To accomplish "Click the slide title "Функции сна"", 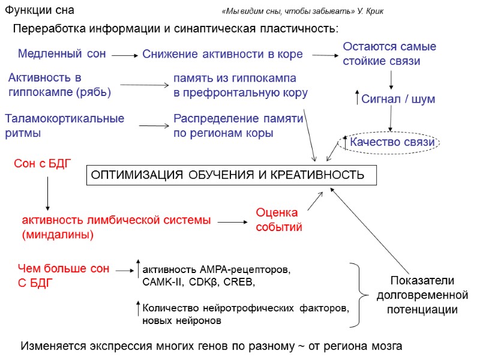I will tap(39, 11).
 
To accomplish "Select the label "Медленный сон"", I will tap(62, 53).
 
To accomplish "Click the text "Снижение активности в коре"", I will tap(222, 54).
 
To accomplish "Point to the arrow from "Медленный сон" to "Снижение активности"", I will tap(124, 55).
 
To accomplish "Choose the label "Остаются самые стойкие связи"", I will tap(389, 53).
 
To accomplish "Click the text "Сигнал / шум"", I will tap(398, 99).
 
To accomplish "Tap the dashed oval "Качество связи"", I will tap(390, 142).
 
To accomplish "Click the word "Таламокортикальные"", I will tap(64, 118).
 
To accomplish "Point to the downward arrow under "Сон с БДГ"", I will tap(47, 193).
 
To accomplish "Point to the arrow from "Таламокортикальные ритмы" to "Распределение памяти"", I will tap(154, 125).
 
